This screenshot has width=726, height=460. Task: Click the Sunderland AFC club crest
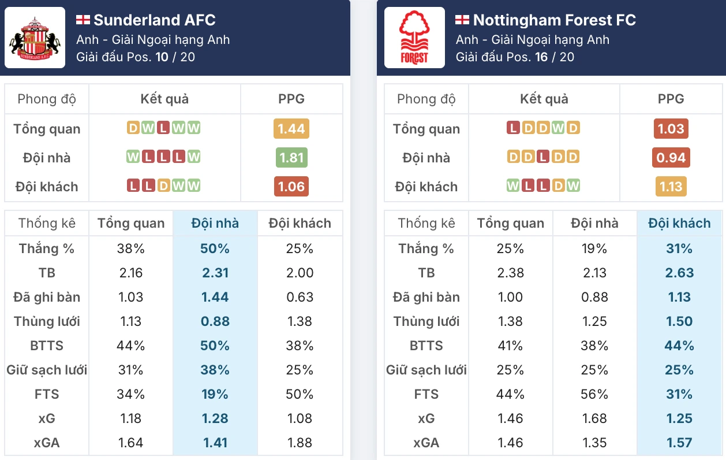pos(35,38)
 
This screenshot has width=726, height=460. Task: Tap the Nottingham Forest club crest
pos(414,38)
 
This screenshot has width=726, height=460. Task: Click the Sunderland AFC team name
pos(154,20)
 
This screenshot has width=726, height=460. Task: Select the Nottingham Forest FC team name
pos(554,20)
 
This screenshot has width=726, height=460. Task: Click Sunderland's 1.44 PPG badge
pos(291,129)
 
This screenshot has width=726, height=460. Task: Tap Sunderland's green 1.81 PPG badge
pos(291,158)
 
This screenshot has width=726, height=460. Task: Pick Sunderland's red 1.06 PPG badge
pos(291,187)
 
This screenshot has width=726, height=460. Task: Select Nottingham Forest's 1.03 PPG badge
pos(671,129)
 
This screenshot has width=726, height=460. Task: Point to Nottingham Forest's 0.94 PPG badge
pos(671,158)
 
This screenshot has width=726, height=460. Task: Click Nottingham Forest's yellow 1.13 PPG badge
pos(671,187)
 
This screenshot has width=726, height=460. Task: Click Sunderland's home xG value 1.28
pos(215,418)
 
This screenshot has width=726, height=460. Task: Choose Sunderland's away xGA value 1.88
pos(300,443)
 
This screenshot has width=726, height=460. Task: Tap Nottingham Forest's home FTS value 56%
pos(594,394)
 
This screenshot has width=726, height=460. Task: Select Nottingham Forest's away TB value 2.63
pos(679,273)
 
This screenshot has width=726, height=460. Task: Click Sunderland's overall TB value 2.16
pos(130,273)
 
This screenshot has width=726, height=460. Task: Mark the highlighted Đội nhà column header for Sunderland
pos(215,224)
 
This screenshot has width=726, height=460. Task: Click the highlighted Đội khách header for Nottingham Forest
pos(679,224)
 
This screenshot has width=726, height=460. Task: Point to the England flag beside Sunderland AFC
pos(83,20)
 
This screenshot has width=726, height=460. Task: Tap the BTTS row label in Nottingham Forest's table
pos(426,346)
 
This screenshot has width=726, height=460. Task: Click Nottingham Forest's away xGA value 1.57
pos(679,443)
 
